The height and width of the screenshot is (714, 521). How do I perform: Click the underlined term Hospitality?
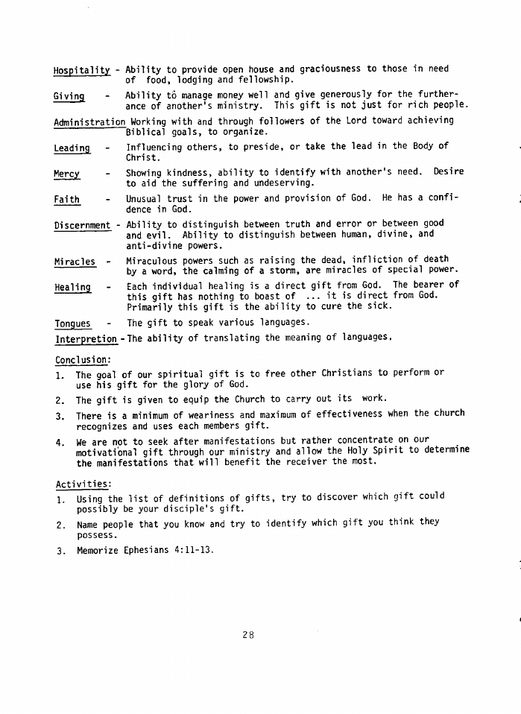(82, 69)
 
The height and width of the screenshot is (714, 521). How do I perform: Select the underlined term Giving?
(69, 96)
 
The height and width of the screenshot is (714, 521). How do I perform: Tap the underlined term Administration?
(90, 121)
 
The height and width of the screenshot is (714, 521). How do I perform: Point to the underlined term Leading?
(72, 148)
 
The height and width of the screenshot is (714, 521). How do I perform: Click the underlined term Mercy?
(67, 173)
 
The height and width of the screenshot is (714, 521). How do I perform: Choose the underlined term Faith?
(67, 199)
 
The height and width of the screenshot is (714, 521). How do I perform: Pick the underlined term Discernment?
(82, 224)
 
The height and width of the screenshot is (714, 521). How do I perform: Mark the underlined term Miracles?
(75, 262)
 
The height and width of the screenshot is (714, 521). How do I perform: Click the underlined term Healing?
(72, 287)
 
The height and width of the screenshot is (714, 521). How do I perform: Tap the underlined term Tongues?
(72, 323)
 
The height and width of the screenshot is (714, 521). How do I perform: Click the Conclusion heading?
(82, 359)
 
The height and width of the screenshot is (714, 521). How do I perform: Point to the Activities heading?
(81, 483)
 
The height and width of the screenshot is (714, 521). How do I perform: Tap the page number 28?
(248, 635)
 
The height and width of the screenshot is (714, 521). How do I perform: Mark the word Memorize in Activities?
(98, 551)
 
